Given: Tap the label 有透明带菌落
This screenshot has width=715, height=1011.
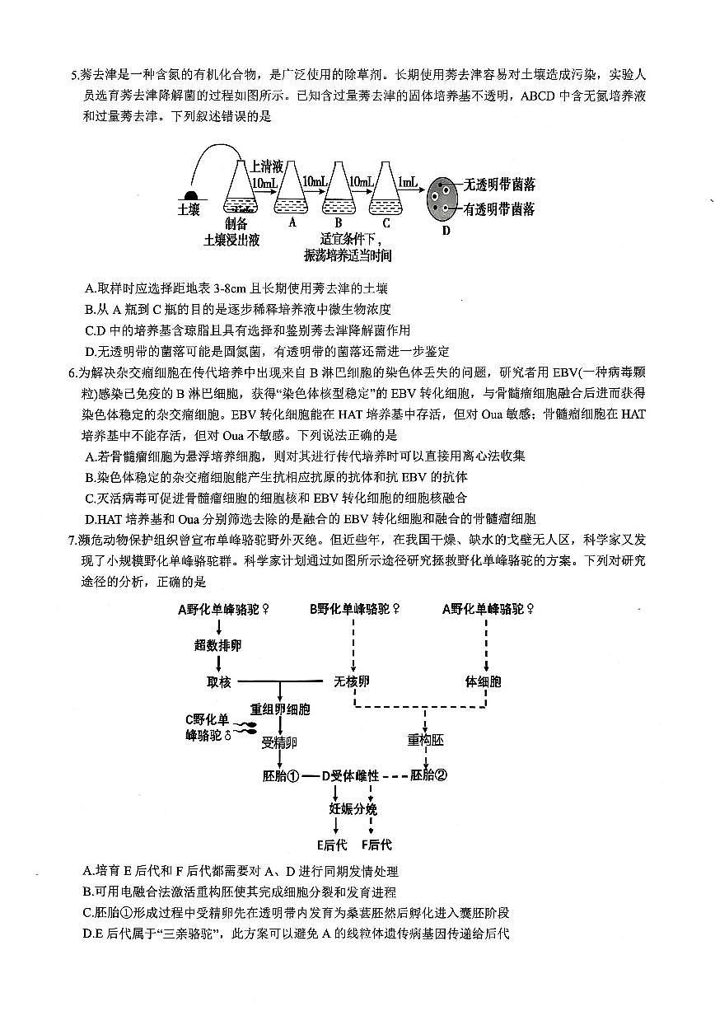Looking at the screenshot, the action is [x=499, y=209].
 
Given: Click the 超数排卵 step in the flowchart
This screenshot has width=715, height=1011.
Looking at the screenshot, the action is [x=218, y=645].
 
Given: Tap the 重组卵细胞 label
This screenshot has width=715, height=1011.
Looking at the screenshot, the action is [x=280, y=709].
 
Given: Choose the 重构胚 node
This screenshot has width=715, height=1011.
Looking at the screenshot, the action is [x=425, y=740].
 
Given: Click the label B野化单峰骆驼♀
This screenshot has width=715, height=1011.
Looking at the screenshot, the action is [x=355, y=610].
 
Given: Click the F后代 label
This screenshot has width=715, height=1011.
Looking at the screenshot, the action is [x=376, y=844].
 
